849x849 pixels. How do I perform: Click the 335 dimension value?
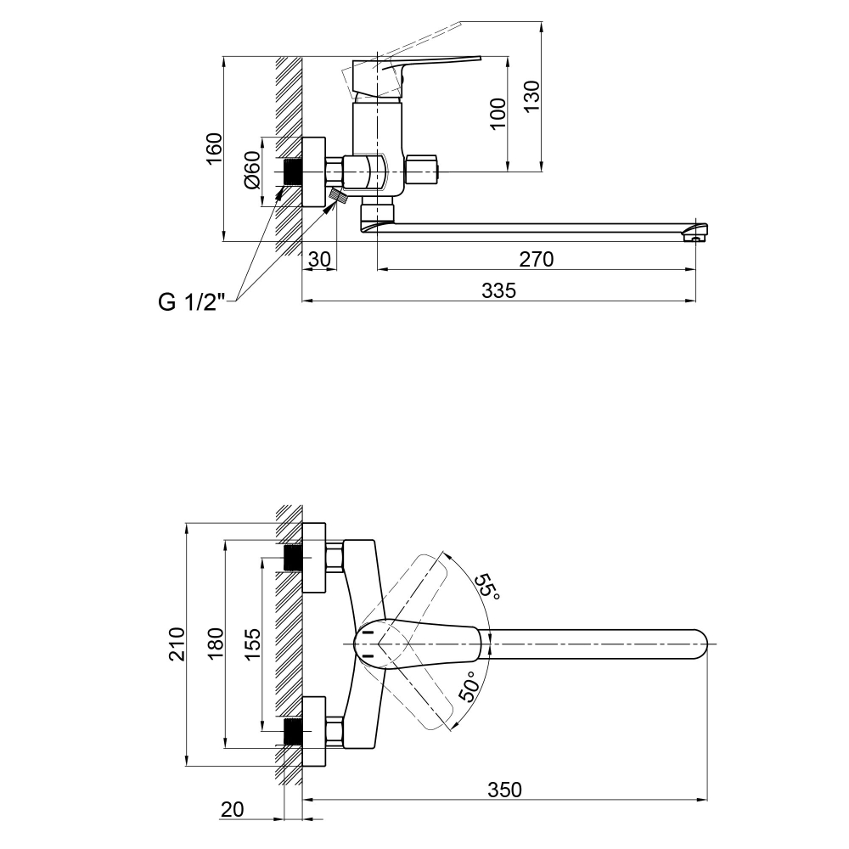click(x=498, y=290)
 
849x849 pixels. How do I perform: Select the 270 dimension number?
click(x=536, y=259)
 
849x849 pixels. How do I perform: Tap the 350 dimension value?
click(x=504, y=790)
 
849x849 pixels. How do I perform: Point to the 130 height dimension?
click(x=531, y=97)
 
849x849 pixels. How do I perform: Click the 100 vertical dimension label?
click(x=498, y=113)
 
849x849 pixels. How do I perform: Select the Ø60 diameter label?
click(x=252, y=170)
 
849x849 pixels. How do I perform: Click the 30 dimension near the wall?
click(x=319, y=259)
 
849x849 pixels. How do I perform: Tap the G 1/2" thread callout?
click(x=191, y=302)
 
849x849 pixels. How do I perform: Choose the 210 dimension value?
click(x=177, y=644)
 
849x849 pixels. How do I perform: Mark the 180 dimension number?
click(x=216, y=644)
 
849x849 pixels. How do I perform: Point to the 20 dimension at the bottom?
click(x=233, y=809)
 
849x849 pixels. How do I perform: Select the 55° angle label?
click(x=487, y=586)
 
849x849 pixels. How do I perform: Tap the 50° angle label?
click(x=469, y=686)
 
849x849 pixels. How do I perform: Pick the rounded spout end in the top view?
click(x=700, y=644)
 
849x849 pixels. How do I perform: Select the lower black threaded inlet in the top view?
click(x=293, y=731)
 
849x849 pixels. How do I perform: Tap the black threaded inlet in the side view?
click(x=293, y=172)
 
